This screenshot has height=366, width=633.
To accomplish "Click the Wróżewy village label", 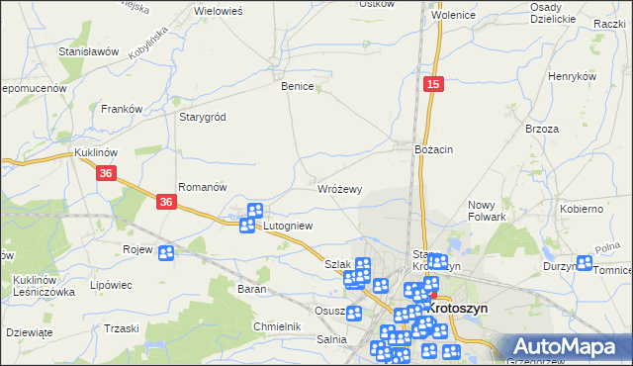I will coord(340,188).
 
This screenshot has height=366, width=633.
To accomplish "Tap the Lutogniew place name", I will coord(288,226).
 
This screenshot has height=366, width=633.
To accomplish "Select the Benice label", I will coord(298,87).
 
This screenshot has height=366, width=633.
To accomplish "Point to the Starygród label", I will coord(203,117).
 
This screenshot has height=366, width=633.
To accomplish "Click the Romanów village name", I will coord(203,186).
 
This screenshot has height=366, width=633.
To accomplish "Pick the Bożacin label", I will coord(433,149).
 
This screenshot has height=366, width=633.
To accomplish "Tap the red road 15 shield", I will coord(433,86).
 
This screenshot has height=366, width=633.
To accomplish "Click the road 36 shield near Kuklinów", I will coord(108,173).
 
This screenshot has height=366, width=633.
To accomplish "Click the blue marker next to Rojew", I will coord(166,252).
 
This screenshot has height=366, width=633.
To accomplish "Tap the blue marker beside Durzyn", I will coord(585,264).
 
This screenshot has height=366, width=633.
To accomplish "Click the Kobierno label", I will coord(582,209).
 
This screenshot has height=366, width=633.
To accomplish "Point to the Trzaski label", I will coord(121,328).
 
